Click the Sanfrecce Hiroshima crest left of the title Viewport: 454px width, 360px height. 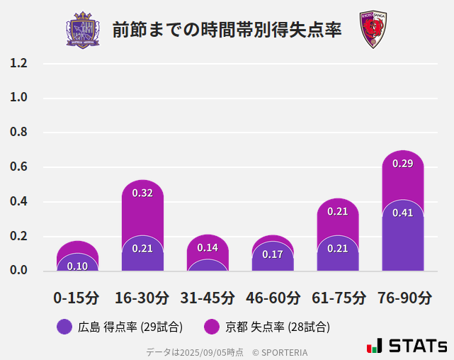(x=83, y=30)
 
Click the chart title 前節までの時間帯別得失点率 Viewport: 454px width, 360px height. (x=227, y=30)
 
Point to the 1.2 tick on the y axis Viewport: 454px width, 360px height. (x=18, y=64)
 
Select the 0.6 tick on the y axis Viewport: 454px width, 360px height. (x=18, y=167)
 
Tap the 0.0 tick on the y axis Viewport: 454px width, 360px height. (x=18, y=271)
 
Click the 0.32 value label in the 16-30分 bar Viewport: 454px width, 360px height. (x=142, y=193)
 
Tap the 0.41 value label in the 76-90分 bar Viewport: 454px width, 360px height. (x=402, y=213)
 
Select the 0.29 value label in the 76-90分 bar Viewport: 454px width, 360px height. (x=402, y=164)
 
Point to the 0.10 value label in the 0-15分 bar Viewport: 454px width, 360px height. (x=77, y=266)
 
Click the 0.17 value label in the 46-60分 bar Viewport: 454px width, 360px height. (x=273, y=254)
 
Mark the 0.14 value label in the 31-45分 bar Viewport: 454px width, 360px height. (x=208, y=247)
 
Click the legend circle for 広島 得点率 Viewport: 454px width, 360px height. (x=64, y=327)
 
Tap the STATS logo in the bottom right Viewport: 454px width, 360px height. (x=407, y=346)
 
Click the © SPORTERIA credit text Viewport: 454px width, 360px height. (x=280, y=351)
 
